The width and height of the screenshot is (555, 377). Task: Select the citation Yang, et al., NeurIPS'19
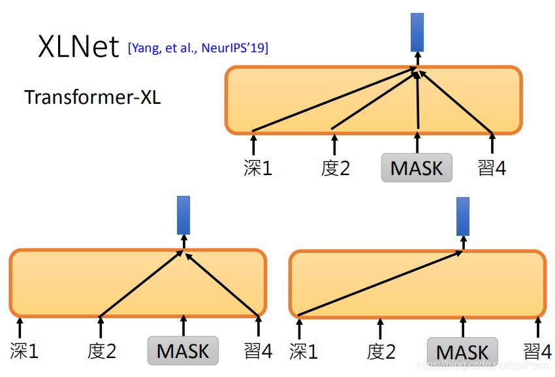(x=198, y=48)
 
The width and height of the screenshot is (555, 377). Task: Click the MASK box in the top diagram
(x=417, y=168)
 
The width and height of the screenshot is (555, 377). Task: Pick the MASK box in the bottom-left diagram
(x=183, y=351)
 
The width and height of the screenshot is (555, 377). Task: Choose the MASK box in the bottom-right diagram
(x=462, y=352)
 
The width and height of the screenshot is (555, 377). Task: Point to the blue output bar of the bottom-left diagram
(x=183, y=215)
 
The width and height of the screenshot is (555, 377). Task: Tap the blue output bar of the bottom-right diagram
(x=463, y=216)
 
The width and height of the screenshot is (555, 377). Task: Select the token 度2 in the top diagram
(x=336, y=168)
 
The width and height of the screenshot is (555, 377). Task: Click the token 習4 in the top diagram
(x=492, y=168)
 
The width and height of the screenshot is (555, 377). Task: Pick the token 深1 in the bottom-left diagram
(x=24, y=352)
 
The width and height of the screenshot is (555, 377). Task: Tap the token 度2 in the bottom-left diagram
(x=101, y=352)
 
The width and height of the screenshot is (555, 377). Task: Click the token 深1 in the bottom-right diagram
(x=303, y=352)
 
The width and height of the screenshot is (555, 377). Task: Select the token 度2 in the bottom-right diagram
(x=381, y=352)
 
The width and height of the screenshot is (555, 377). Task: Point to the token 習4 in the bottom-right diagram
(x=538, y=352)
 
